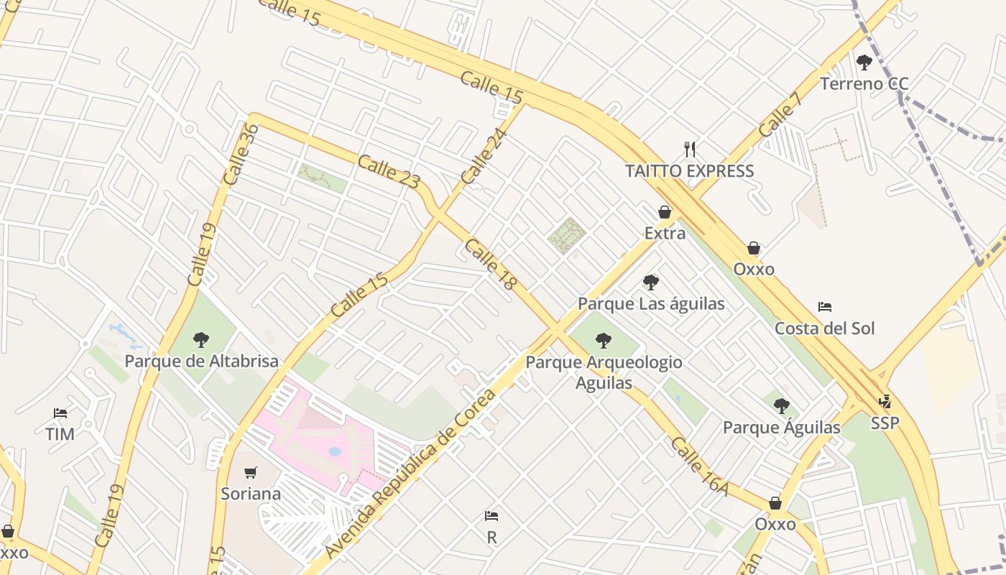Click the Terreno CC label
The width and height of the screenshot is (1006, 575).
(x=864, y=84)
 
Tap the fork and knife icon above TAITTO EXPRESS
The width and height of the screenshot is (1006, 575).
(x=690, y=149)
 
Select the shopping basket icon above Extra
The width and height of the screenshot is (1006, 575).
(x=665, y=212)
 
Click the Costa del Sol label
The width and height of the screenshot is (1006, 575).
(x=824, y=328)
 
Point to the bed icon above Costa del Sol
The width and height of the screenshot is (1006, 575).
(x=825, y=307)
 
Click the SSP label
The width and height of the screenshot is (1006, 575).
(x=885, y=423)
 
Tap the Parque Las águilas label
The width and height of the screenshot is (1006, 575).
(x=651, y=304)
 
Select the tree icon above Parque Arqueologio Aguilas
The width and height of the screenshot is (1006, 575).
(x=604, y=341)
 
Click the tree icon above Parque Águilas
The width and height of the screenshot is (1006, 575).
(x=782, y=406)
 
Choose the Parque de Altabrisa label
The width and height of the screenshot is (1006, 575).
(x=201, y=361)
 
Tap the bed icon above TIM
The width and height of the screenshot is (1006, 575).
(x=60, y=413)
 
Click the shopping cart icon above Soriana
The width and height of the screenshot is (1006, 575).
(x=250, y=472)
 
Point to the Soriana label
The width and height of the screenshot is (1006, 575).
(x=250, y=494)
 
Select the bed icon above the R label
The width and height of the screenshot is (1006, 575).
(x=492, y=516)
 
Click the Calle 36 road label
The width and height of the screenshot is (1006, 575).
(x=240, y=154)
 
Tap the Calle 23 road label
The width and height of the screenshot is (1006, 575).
(x=388, y=172)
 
